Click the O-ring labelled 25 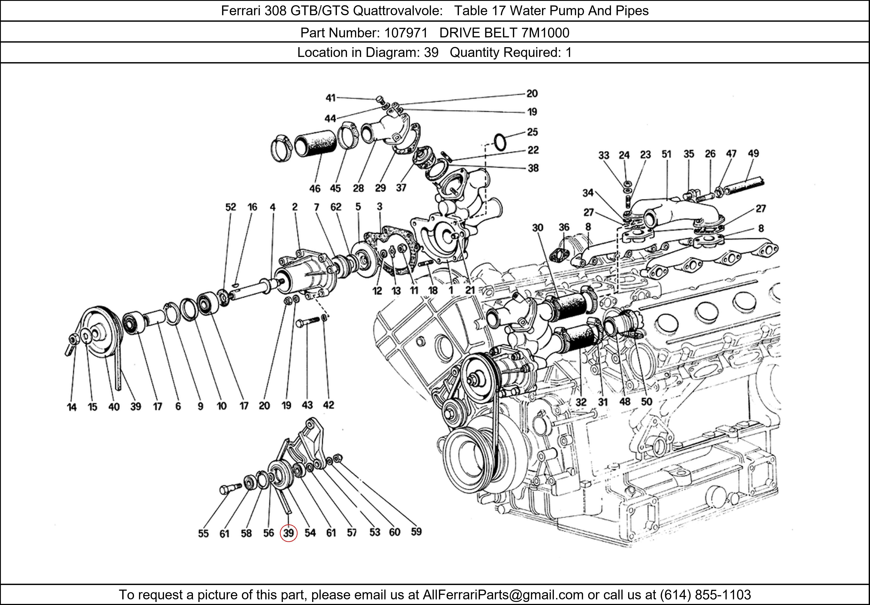pyautogui.click(x=500, y=142)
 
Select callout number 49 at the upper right pyautogui.click(x=753, y=153)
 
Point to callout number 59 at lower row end pyautogui.click(x=416, y=532)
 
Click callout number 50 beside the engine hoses pyautogui.click(x=646, y=402)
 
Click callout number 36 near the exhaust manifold pyautogui.click(x=564, y=227)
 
